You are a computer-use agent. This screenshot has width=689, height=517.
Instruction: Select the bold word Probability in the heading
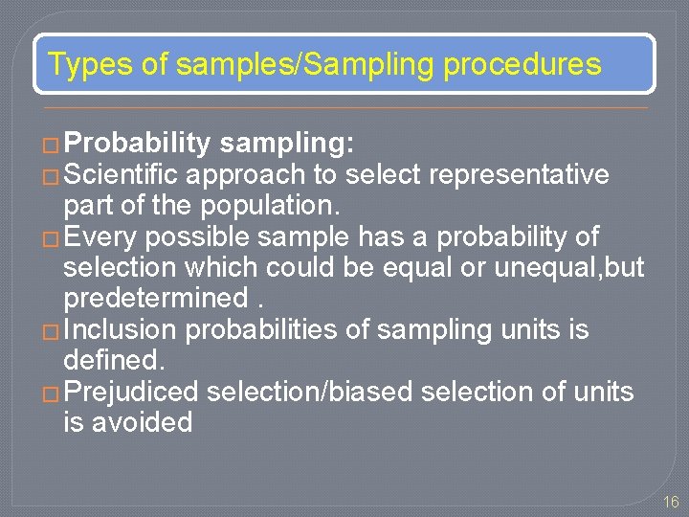pos(139,145)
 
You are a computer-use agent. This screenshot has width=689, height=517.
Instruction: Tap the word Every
pos(101,236)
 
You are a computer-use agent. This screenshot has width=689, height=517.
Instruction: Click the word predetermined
pos(153,299)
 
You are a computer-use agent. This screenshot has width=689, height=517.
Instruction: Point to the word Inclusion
pos(120,329)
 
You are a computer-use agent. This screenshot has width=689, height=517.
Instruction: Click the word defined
pos(112,360)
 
